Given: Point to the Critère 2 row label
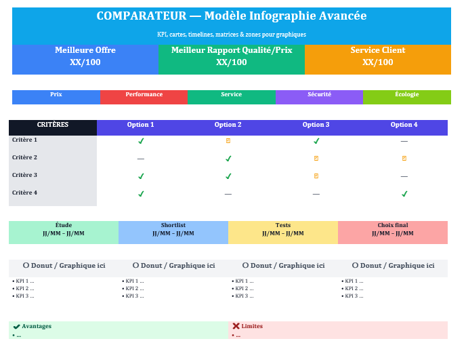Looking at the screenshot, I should pos(24,157).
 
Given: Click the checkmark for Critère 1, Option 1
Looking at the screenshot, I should pos(141,141).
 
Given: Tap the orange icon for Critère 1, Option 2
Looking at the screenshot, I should pos(228,141).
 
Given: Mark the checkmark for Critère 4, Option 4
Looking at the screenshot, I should pos(404,194).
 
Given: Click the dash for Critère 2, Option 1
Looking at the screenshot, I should pos(141,159).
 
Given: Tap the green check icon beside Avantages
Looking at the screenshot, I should pos(16,326).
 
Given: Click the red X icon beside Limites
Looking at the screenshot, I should pos(236,326).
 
